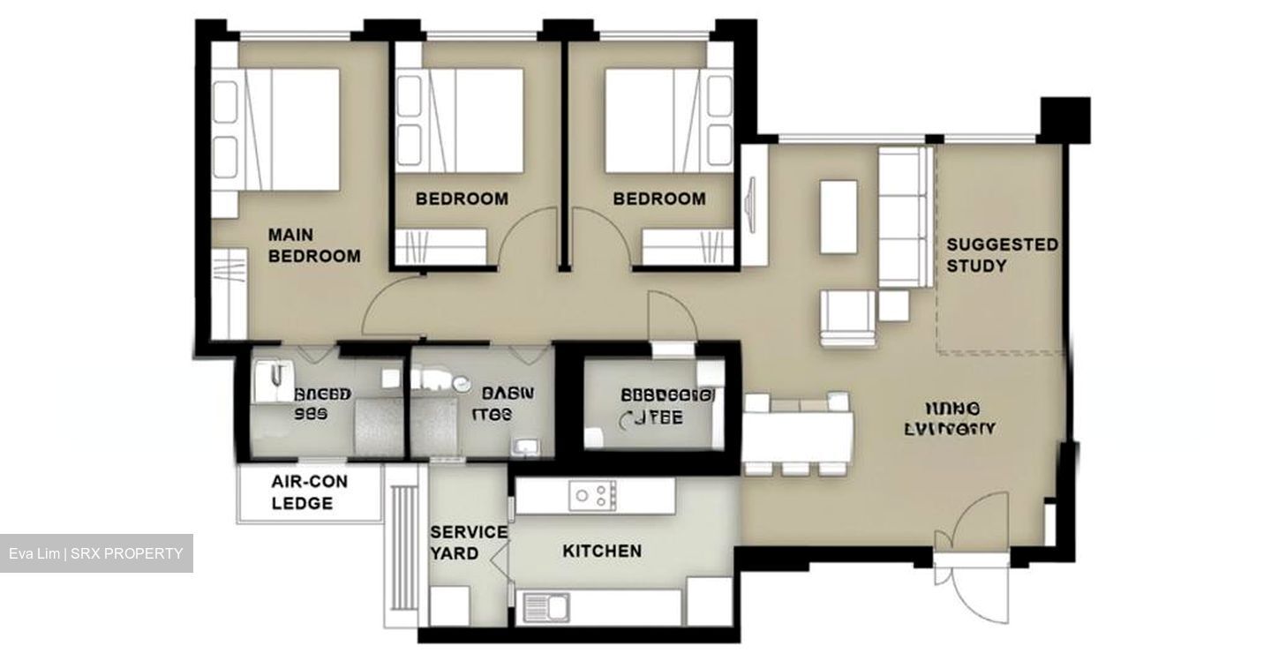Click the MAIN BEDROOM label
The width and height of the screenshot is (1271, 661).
pos(314,245)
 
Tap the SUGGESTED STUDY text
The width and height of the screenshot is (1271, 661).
pos(1002,254)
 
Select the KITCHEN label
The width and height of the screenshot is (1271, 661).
pos(602,551)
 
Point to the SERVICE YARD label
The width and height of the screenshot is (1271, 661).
pos(468,543)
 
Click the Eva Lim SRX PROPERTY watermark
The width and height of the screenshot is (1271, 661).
pos(96,553)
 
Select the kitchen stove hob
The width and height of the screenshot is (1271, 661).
pos(592,495)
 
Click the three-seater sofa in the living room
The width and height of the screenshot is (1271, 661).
pos(905,216)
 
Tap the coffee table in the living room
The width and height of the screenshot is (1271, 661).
pos(838,216)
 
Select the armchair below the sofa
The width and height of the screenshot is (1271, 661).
pos(848,318)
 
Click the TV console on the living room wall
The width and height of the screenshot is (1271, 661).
pos(753,205)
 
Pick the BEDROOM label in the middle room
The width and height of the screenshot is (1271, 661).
pos(462,199)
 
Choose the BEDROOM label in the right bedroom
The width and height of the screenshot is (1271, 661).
pos(659,199)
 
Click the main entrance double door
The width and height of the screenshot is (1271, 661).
pos(971,556)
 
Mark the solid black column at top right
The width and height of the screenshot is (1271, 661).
pos(1065,119)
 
